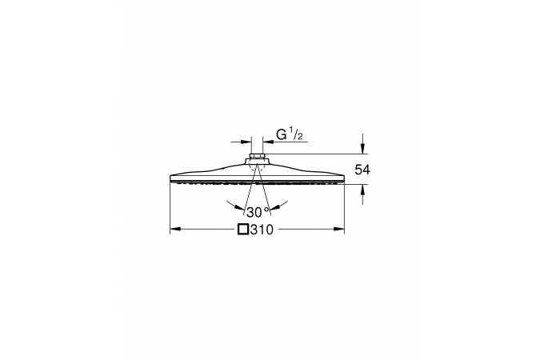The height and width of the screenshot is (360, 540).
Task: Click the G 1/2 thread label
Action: coord(290,134)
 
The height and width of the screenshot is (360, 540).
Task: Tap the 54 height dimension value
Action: coord(362,170)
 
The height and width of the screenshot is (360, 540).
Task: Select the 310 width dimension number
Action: coord(262,230)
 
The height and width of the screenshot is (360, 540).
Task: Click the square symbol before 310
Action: coord(243,230)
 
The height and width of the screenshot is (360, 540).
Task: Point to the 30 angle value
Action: coord(254,213)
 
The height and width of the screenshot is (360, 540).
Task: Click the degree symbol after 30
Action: coord(266,209)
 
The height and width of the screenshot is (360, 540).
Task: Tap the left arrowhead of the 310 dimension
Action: coord(175,229)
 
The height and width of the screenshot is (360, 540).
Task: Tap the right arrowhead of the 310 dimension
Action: coord(339,229)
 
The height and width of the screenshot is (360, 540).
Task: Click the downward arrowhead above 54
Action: coord(362,149)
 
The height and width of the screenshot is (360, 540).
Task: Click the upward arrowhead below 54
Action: coord(362,190)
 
